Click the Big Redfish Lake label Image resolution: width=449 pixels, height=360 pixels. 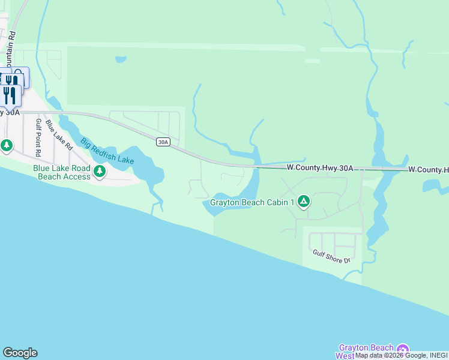[107, 152]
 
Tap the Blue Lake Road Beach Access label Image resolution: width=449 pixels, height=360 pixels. [62, 172]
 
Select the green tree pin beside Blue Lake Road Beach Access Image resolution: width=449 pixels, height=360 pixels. [100, 172]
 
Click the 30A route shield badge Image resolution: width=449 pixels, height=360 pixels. [163, 142]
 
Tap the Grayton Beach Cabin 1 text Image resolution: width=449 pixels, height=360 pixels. [252, 202]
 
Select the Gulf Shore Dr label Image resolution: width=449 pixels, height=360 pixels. [331, 256]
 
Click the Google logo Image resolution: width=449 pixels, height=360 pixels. [20, 353]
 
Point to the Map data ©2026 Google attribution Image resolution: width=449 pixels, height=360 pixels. [390, 356]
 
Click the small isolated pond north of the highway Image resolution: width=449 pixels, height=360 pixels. [121, 59]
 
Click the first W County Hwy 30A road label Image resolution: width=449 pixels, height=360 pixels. [319, 169]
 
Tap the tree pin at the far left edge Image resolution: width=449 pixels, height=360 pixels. [6, 145]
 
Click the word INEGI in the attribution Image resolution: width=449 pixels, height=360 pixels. [438, 356]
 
